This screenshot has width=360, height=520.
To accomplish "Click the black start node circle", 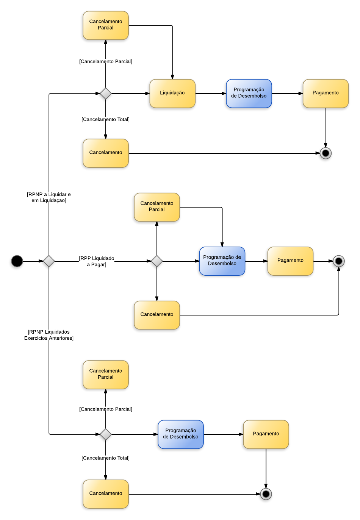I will pyautogui.click(x=17, y=261).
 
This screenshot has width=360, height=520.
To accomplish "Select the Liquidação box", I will pyautogui.click(x=172, y=93).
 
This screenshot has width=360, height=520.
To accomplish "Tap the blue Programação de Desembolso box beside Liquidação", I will pyautogui.click(x=249, y=93).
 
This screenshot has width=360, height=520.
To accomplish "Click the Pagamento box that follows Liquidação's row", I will pyautogui.click(x=326, y=93).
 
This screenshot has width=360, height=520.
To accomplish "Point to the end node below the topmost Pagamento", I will pyautogui.click(x=326, y=153).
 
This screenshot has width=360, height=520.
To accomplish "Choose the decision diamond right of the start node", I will pyautogui.click(x=49, y=261).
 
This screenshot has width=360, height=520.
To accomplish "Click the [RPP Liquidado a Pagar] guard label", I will pyautogui.click(x=97, y=261).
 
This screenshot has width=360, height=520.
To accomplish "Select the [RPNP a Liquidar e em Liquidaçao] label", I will pyautogui.click(x=49, y=197).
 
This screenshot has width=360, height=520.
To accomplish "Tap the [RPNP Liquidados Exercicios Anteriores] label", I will pyautogui.click(x=49, y=335).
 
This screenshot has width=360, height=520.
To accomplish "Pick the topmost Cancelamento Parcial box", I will pyautogui.click(x=106, y=25).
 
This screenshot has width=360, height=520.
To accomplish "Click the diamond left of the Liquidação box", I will pyautogui.click(x=106, y=93).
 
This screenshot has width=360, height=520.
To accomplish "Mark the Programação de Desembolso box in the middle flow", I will pyautogui.click(x=222, y=261).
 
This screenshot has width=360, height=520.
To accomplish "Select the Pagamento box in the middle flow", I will pyautogui.click(x=290, y=261).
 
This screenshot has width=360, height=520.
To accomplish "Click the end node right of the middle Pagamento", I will pyautogui.click(x=338, y=261).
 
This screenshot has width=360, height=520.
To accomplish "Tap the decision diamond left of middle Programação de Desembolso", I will pyautogui.click(x=157, y=261).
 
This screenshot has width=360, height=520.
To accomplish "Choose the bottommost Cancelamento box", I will pyautogui.click(x=106, y=493).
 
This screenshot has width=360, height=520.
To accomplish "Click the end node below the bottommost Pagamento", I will pyautogui.click(x=266, y=494).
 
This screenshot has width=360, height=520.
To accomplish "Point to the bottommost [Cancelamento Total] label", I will pyautogui.click(x=106, y=458).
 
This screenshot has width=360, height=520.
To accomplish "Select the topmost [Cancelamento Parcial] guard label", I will pyautogui.click(x=106, y=61).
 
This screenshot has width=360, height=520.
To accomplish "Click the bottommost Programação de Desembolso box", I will pyautogui.click(x=181, y=434).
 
